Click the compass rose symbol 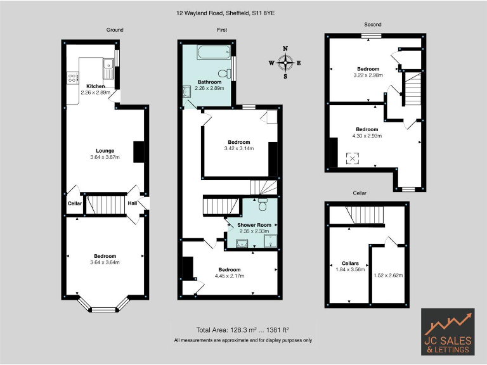[x=285, y=62]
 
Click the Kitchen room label [x=96, y=86]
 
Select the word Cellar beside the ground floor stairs [x=75, y=203]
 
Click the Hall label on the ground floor [x=132, y=203]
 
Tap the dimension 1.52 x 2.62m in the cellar [x=389, y=275]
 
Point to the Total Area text [x=243, y=330]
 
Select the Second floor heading [x=372, y=25]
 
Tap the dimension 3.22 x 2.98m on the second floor [x=368, y=75]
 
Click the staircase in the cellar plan [x=366, y=216]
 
